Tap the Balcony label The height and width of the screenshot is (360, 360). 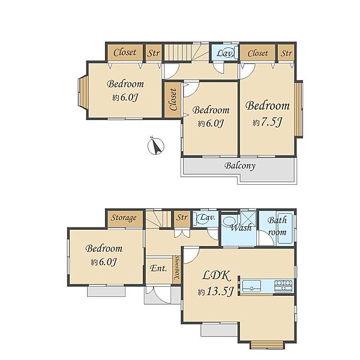coord(239,166)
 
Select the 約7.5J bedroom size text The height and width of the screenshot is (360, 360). coord(267,122)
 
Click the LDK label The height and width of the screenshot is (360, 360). coord(217,276)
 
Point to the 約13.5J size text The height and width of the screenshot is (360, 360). coord(215,292)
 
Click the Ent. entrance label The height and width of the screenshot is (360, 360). coord(158,268)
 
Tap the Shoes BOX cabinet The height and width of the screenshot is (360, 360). coord(176,270)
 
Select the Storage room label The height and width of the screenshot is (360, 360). coord(124,218)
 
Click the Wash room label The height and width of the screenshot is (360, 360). coord(241,228)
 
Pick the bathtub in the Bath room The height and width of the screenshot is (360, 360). coord(284,229)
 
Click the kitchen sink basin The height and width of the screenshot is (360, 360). coord(251,286)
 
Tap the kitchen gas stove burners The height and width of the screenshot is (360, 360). coord(284,286)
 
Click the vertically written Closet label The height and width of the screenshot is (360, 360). coord(173,100)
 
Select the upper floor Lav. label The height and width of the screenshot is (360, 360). coord(225,53)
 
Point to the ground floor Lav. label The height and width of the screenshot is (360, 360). coord(208,217)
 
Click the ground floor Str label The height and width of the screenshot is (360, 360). coord(182,217)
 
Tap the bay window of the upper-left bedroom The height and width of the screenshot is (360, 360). coord(83,92)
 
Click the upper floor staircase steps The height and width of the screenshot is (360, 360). coord(178,52)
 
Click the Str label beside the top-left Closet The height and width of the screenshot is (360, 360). coord(154,53)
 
